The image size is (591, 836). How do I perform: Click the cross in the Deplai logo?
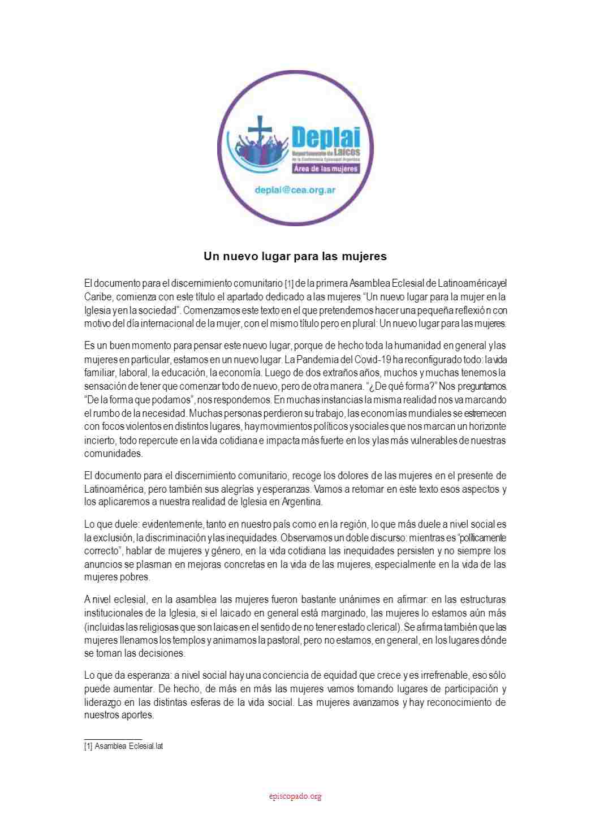[260, 133]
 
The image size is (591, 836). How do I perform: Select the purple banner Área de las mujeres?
[326, 169]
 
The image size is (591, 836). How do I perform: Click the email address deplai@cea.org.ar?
[295, 190]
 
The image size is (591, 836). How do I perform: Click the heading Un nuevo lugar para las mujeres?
[295, 256]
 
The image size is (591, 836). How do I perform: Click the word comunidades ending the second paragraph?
[113, 454]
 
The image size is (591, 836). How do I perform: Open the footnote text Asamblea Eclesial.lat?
[128, 746]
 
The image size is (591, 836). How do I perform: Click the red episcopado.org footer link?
[295, 796]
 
